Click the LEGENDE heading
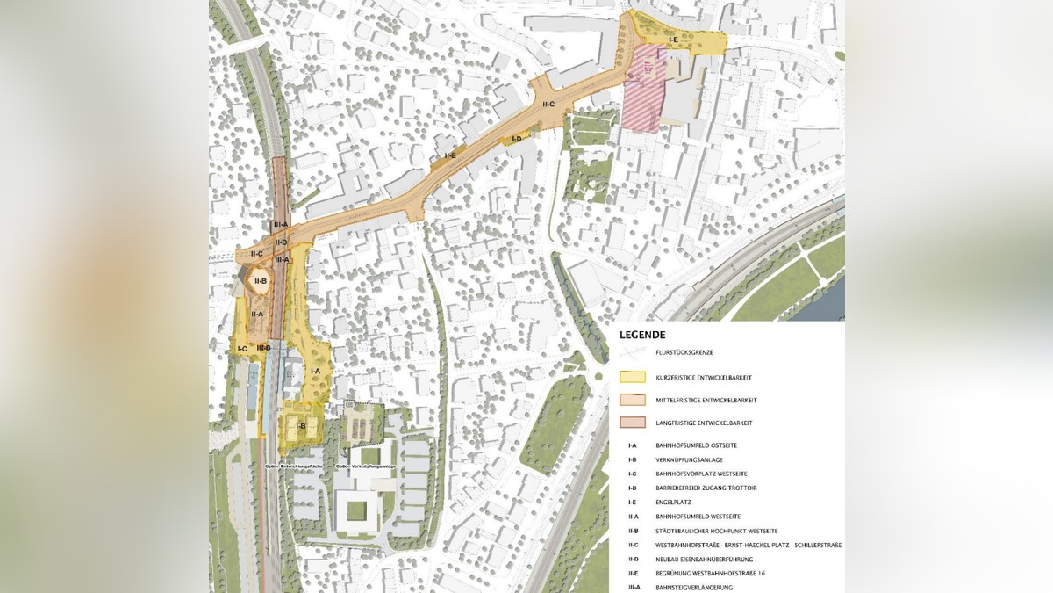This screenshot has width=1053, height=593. (x=642, y=335)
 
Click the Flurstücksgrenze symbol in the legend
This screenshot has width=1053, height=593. (x=633, y=352)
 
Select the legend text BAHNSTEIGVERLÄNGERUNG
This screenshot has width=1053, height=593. (x=694, y=587)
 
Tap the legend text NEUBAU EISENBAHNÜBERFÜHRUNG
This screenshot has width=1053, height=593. (x=706, y=559)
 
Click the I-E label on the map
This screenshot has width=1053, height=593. (x=673, y=40)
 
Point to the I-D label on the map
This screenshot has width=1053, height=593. (x=516, y=139)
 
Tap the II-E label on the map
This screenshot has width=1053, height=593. (x=449, y=155)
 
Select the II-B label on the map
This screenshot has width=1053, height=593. (x=261, y=281)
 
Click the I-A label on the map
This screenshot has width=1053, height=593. (x=315, y=372)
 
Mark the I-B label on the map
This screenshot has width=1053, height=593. (x=300, y=427)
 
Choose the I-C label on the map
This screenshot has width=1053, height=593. (x=242, y=349)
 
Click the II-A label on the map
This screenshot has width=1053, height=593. (x=257, y=314)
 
